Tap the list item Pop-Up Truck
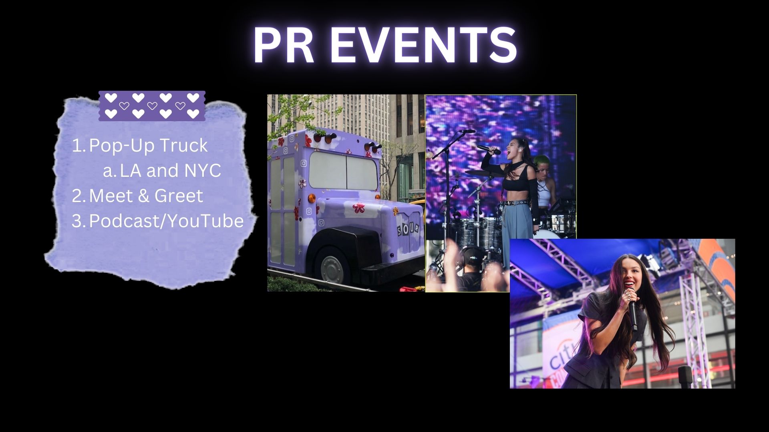click(148, 146)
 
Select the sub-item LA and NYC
click(170, 171)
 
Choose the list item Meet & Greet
click(146, 196)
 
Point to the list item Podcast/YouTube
click(166, 221)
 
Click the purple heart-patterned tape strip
click(152, 106)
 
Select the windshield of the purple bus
click(343, 171)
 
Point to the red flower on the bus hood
click(358, 208)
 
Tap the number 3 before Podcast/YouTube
click(76, 221)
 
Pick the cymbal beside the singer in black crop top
click(483, 172)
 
